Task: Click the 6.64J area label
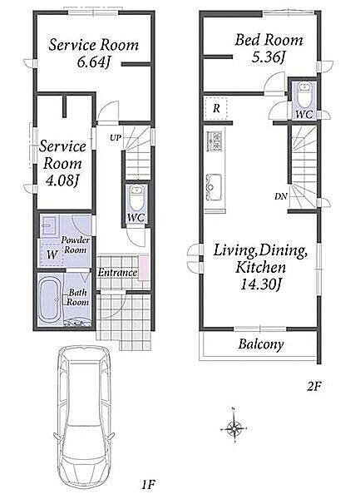(93, 62)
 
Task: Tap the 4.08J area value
(62, 180)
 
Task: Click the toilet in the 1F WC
(137, 197)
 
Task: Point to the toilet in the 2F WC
(305, 95)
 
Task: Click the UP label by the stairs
(116, 138)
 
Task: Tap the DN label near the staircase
(281, 196)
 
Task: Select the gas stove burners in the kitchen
(215, 141)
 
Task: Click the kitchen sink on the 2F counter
(215, 187)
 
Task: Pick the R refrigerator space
(216, 108)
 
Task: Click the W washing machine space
(52, 254)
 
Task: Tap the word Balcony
(261, 344)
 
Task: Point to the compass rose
(234, 428)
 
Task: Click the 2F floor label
(314, 387)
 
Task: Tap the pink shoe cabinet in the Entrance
(144, 267)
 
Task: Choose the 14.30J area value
(260, 284)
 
